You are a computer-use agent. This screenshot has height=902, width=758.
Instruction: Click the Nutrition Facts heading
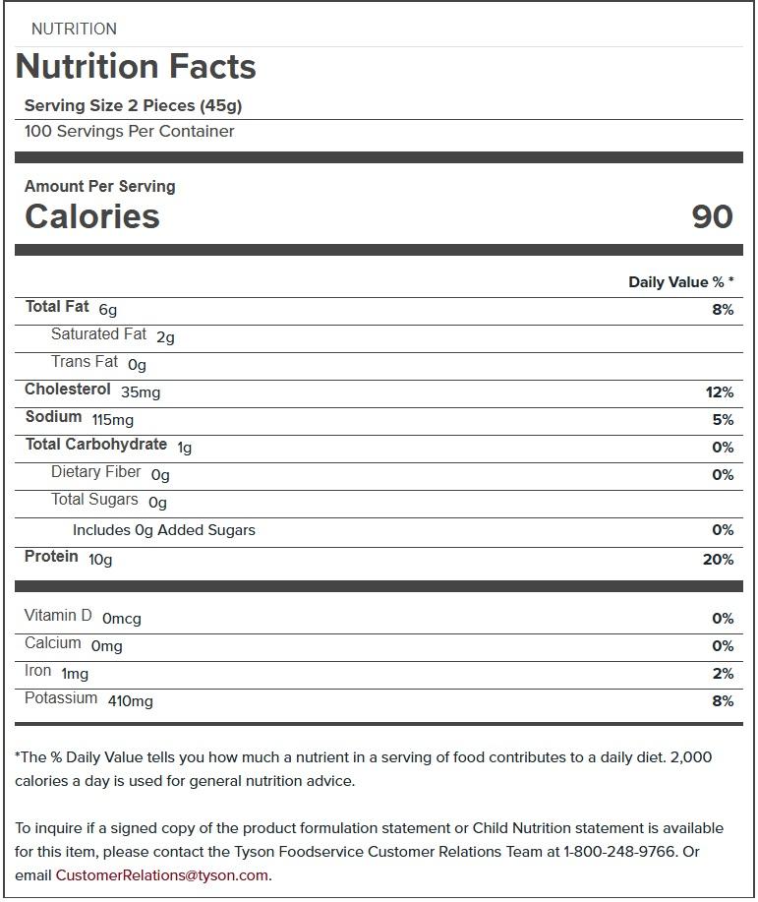click(136, 67)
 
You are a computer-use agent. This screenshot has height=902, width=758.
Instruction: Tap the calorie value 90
click(712, 216)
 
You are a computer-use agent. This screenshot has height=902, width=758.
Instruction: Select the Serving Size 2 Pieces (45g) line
click(133, 105)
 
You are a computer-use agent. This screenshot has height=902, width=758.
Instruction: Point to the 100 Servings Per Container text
click(129, 132)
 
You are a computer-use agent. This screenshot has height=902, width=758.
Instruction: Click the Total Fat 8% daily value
click(723, 310)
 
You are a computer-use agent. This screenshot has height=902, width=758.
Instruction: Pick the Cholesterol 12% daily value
click(720, 392)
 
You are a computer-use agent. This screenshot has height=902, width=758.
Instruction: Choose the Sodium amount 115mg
click(113, 420)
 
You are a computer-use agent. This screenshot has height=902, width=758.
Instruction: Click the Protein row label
click(51, 557)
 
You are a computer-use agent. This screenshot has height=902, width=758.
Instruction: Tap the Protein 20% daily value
click(719, 560)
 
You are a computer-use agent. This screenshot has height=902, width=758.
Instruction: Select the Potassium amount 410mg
click(130, 701)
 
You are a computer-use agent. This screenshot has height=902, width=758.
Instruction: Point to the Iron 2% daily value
click(723, 674)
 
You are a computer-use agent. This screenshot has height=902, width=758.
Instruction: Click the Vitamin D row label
click(58, 616)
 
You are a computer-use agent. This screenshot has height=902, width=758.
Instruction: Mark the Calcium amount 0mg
click(106, 646)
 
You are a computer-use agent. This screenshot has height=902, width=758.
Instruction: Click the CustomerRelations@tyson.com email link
click(161, 875)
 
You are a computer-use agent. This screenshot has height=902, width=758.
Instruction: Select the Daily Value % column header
click(680, 282)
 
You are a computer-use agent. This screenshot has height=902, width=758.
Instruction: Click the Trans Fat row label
click(85, 362)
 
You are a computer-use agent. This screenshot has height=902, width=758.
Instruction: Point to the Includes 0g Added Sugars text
click(163, 530)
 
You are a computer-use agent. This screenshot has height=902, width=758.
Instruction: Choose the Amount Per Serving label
click(99, 186)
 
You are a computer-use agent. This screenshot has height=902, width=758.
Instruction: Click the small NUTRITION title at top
click(74, 30)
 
